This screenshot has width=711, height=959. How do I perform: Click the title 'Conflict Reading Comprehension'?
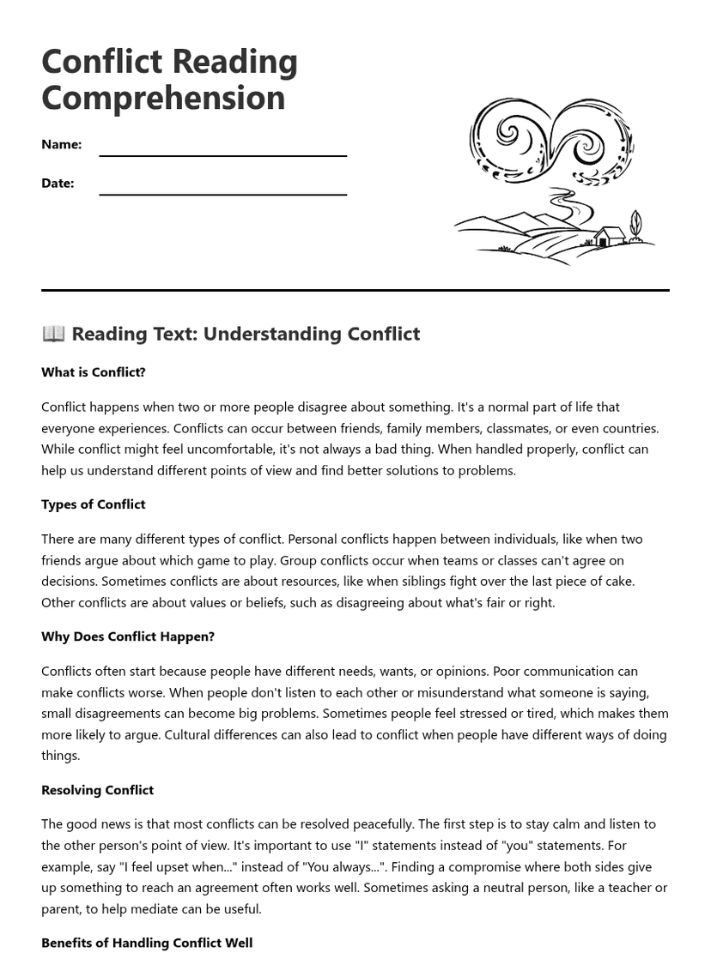169,79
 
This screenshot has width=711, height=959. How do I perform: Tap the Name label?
61,144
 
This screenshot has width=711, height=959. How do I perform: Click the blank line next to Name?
222,154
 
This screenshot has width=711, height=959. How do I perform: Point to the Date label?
58,183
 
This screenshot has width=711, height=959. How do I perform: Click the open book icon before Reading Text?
53,334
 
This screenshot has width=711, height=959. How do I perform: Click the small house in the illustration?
609,236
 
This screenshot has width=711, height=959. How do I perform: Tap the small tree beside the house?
635,225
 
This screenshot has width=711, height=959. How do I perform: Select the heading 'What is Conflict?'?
94,372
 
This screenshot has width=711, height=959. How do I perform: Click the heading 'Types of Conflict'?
94,504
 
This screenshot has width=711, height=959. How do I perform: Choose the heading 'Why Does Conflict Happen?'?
128,636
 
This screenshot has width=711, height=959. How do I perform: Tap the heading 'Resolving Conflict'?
97,790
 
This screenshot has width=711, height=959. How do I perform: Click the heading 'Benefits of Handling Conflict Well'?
147,943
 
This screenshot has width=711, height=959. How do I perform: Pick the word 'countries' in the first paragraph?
629,428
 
